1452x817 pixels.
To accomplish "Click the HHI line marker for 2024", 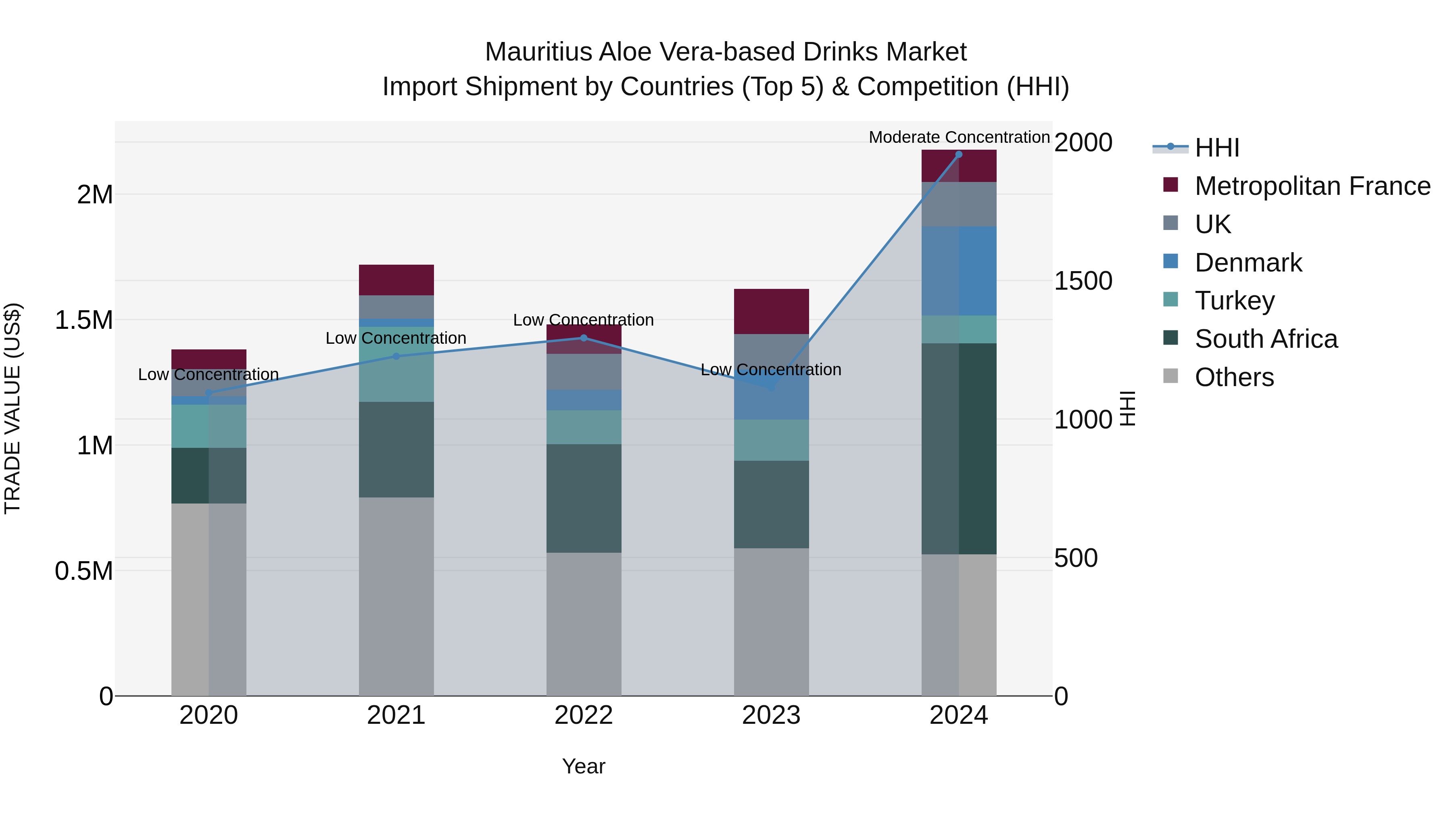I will (x=958, y=155).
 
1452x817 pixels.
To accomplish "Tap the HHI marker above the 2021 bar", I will (x=396, y=356).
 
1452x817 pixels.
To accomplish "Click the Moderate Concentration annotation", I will (x=959, y=137).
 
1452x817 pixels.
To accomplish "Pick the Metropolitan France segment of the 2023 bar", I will (x=771, y=311).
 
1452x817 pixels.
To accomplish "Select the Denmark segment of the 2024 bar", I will (x=958, y=271).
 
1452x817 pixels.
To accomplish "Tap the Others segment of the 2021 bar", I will (x=396, y=596).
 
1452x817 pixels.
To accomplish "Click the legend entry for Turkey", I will (x=1235, y=301).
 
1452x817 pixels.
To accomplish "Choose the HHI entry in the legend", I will (x=1216, y=148).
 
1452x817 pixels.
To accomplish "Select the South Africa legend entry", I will (x=1265, y=339).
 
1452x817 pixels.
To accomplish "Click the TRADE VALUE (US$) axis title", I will (x=13, y=409).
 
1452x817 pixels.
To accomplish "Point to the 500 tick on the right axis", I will (x=1075, y=558).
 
